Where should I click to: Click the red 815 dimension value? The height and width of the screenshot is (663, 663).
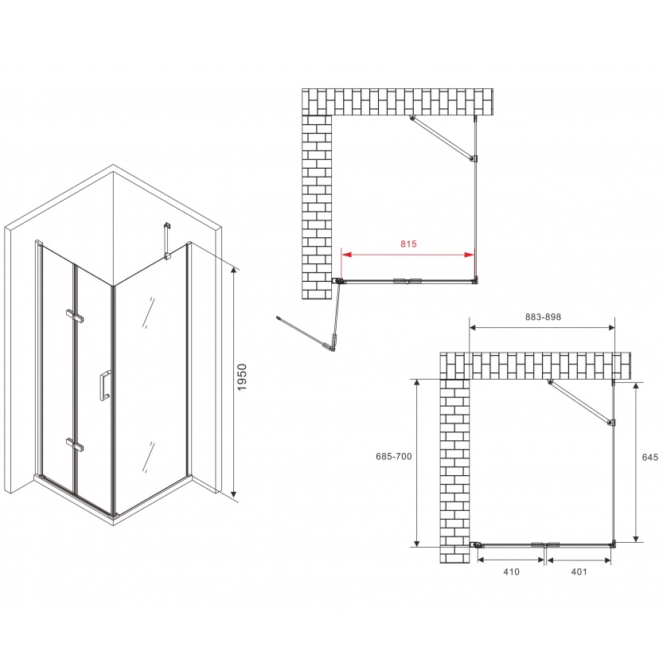[408, 244]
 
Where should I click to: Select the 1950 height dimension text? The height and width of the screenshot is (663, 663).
[241, 376]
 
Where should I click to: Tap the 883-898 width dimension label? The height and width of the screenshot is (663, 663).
[543, 317]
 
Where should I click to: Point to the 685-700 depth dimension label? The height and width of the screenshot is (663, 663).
[394, 456]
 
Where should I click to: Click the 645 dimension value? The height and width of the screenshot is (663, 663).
[650, 457]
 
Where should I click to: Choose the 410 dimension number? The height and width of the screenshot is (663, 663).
[511, 571]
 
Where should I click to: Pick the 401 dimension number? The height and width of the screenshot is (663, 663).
[579, 571]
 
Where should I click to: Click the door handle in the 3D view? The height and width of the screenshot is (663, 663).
[104, 384]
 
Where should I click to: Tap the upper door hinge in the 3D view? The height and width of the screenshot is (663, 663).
[75, 317]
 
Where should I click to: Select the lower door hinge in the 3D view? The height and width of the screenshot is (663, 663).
[75, 445]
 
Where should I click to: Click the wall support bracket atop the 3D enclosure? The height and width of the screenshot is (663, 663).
[167, 240]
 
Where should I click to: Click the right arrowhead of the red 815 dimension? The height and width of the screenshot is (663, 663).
[470, 255]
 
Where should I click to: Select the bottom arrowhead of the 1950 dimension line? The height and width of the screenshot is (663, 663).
[234, 492]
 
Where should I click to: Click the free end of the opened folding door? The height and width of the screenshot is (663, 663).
[279, 318]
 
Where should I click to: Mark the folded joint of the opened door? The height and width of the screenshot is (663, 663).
[333, 344]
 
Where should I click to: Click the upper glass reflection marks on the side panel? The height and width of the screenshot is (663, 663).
[148, 313]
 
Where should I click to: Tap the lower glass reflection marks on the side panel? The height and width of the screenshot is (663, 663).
[148, 457]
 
